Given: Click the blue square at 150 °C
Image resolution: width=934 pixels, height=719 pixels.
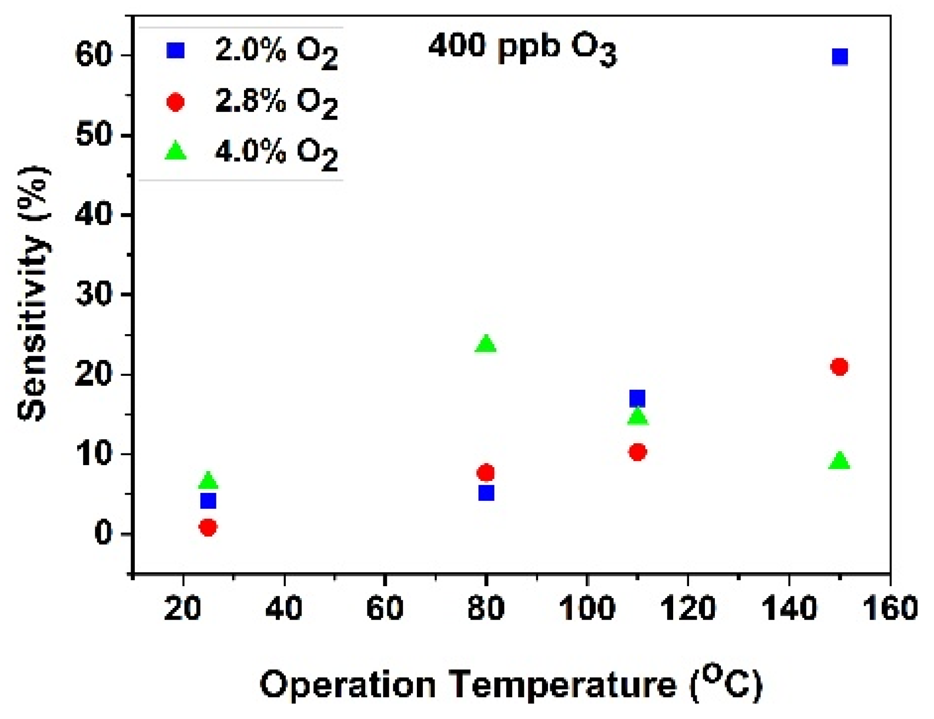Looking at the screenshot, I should (840, 57).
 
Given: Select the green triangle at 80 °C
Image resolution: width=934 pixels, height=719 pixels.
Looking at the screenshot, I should (486, 344).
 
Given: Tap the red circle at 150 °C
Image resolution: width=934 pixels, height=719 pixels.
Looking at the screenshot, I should (839, 366).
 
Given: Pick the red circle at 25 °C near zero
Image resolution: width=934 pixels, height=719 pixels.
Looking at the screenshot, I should (208, 527).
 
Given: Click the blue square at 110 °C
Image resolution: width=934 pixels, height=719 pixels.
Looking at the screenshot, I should (637, 398).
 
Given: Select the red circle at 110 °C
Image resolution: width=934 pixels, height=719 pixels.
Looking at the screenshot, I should (637, 452).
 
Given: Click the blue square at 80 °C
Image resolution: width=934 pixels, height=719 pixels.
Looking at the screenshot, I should (486, 493).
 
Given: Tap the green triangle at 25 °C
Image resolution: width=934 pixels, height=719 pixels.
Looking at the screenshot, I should (208, 480).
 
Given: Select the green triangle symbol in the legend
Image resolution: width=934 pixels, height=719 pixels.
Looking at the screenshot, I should (176, 151).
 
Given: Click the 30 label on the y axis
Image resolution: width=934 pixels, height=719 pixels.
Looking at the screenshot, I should (93, 295).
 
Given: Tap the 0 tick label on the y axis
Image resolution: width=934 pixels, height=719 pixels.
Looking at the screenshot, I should (103, 534).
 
